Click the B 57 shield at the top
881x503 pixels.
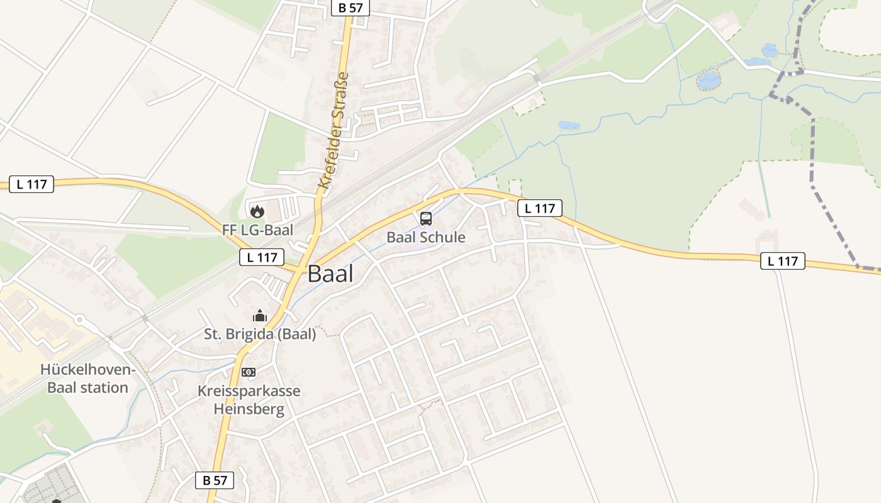click(350, 8)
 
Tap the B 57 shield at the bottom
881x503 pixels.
click(214, 480)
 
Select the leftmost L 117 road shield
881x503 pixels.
click(31, 184)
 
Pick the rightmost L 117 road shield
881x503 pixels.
click(782, 261)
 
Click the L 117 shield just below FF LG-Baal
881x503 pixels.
click(262, 257)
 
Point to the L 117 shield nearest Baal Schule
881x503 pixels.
click(539, 208)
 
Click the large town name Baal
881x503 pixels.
click(330, 274)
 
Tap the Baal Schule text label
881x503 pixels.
click(426, 237)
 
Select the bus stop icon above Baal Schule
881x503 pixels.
click(426, 219)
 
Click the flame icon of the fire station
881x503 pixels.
click(257, 211)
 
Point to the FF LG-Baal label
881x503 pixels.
click(257, 229)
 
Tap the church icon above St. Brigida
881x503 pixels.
click(259, 316)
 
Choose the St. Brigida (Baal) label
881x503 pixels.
click(260, 334)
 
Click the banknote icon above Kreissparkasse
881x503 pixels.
click(249, 372)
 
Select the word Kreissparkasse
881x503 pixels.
click(249, 391)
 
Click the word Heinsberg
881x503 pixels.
click(249, 409)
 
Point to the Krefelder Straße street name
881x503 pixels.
click(334, 131)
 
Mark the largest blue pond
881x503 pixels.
click(709, 80)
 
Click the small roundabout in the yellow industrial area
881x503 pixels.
click(79, 319)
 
